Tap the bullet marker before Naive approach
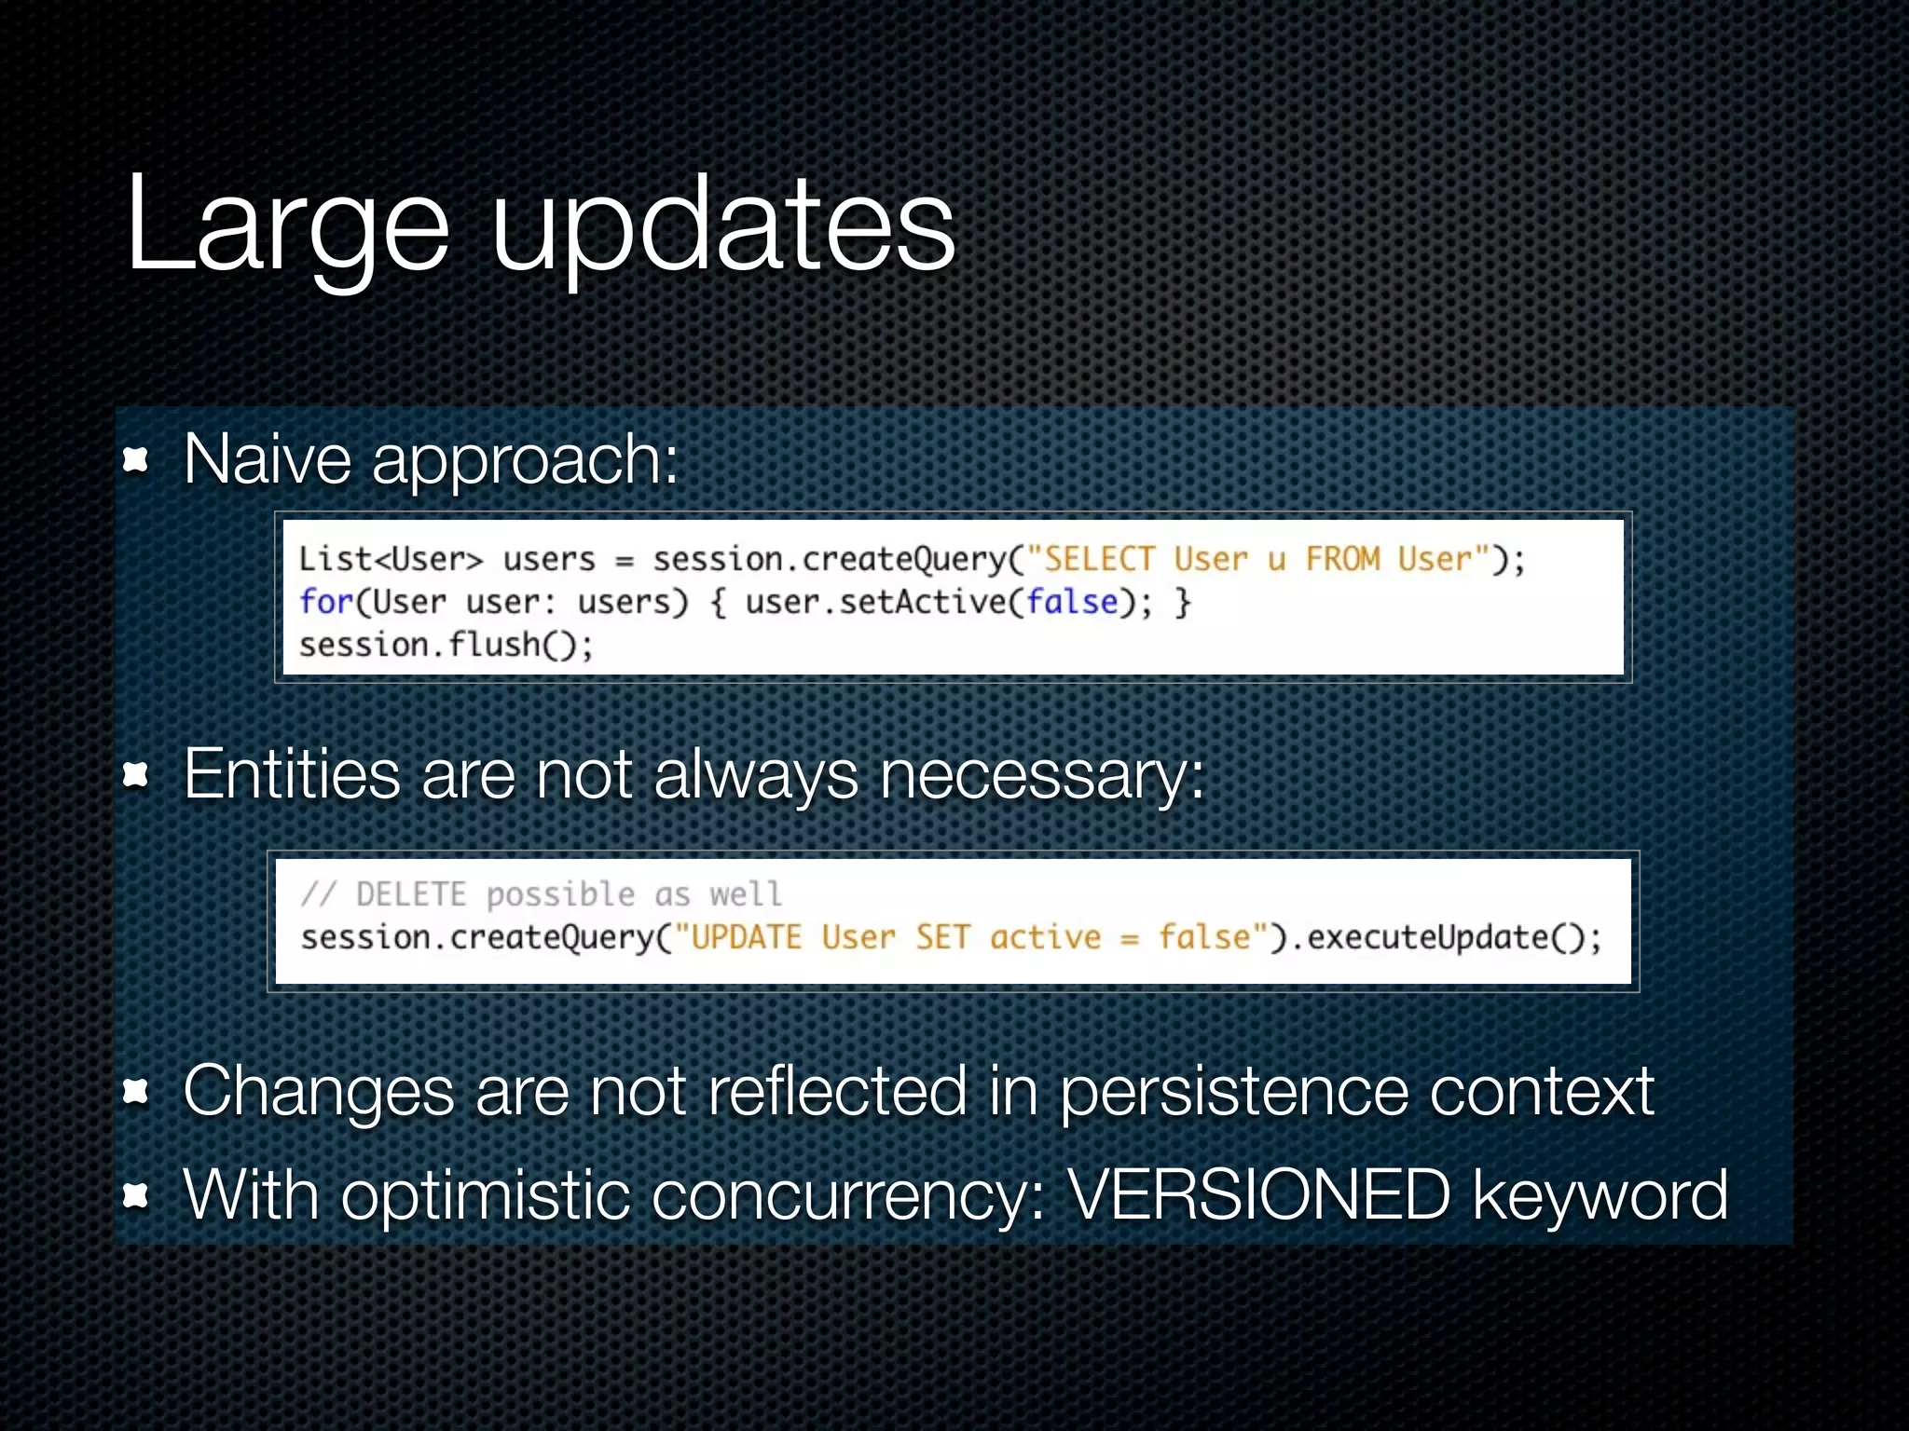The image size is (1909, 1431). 136,459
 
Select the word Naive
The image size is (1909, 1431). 268,459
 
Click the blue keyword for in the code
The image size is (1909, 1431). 325,602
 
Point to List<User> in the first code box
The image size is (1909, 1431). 391,559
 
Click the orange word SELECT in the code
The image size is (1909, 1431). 1099,559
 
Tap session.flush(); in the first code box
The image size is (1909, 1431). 446,645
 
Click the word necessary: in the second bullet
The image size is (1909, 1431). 1042,775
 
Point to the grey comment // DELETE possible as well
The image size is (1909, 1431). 541,894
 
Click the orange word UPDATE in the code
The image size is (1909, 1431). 746,937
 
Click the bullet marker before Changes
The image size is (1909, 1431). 136,1091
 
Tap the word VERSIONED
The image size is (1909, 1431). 1258,1194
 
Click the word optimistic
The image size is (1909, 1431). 485,1196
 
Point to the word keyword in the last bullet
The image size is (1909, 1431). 1600,1196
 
